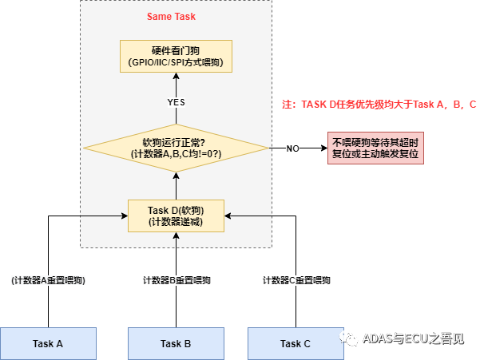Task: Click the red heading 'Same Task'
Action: (172, 16)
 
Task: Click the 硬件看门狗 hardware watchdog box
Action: (176, 56)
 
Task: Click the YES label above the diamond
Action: (176, 103)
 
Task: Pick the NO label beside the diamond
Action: (292, 148)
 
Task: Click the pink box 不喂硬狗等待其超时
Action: (375, 148)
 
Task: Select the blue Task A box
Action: (48, 343)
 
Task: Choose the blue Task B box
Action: (176, 343)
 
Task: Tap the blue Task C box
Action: (296, 343)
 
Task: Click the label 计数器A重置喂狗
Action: (48, 280)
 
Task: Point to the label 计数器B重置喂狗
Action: (177, 280)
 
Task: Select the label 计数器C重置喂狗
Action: (296, 280)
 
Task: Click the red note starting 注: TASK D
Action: (379, 105)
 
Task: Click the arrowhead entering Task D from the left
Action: (124, 215)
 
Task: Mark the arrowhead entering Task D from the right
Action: (228, 215)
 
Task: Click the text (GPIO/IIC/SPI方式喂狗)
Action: (176, 62)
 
